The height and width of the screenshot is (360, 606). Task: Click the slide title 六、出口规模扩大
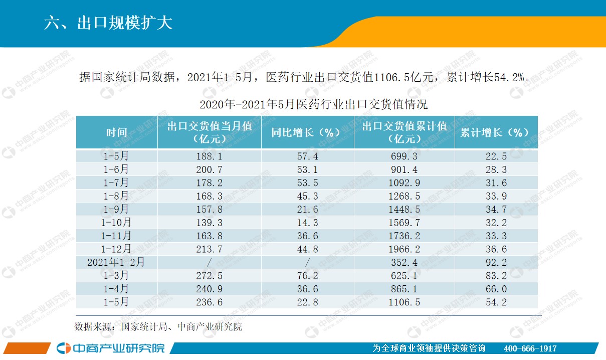coord(108,23)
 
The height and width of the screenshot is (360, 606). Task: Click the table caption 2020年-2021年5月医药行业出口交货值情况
coord(313,105)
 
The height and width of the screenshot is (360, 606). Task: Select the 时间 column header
coord(116,132)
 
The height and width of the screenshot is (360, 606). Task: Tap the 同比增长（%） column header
coord(307,132)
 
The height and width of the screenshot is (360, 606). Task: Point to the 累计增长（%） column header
coord(495,132)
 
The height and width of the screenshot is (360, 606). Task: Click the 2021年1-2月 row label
coord(116,262)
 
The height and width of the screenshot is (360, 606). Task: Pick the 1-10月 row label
coord(116,222)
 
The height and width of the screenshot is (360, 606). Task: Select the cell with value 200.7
coord(209,169)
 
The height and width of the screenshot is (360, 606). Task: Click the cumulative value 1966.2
coord(404,249)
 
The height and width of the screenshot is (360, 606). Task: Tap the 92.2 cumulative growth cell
coord(496,262)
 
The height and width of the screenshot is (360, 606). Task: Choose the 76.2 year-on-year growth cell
coord(307,275)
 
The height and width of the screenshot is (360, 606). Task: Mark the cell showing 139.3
coord(209,222)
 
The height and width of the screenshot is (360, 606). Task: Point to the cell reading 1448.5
coord(404,209)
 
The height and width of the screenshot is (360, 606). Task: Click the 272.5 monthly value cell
coord(209,275)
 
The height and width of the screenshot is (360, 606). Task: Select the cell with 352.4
coord(404,262)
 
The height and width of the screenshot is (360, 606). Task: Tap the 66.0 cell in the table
coord(496,288)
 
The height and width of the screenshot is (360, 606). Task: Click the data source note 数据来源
coord(158,327)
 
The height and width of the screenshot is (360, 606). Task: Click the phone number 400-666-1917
coord(530,348)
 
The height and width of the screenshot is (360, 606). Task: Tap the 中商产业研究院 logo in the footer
coord(110,348)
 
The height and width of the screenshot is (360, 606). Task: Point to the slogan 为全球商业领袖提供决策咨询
coord(430,348)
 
